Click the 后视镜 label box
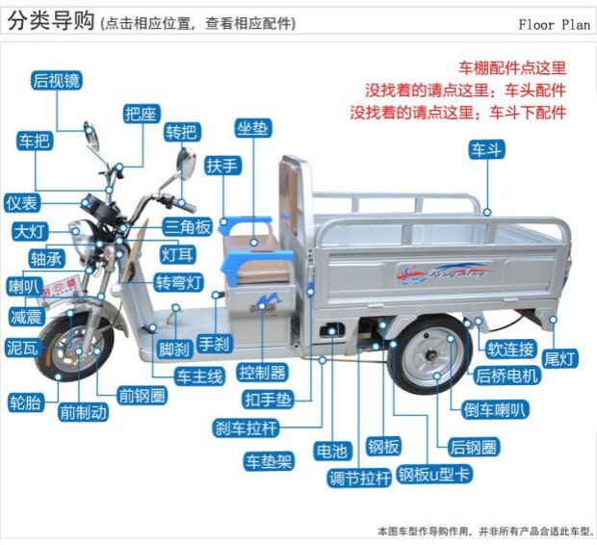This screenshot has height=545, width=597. coord(55,81)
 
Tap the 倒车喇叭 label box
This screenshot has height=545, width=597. coord(497,410)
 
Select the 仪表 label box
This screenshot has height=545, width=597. coord(22,204)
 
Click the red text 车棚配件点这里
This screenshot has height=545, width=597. coord(511,68)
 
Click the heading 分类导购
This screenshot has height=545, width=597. coord(51,22)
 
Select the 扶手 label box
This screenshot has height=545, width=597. coord(222,165)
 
